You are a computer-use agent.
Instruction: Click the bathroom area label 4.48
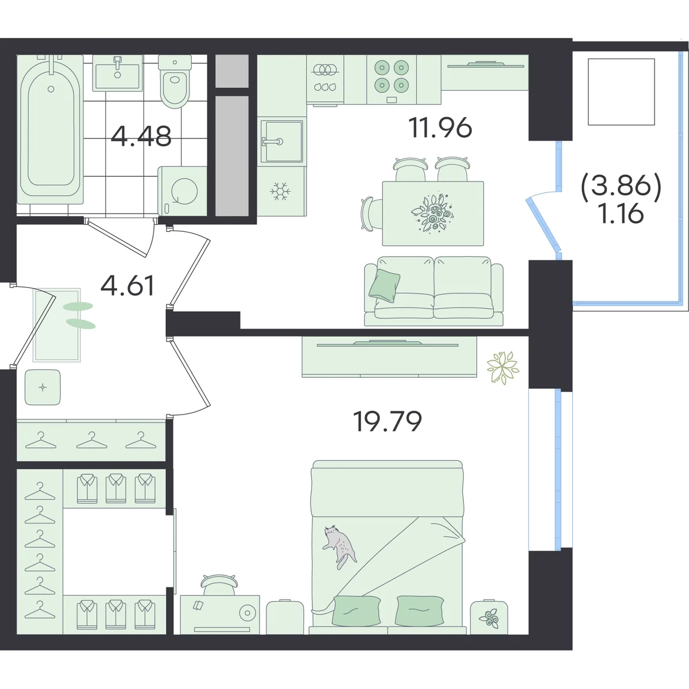click(x=141, y=136)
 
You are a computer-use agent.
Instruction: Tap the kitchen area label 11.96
click(x=440, y=127)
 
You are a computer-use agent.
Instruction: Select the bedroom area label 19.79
click(x=387, y=421)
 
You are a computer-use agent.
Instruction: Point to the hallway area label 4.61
click(x=127, y=286)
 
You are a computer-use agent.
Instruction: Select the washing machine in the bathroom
click(x=183, y=191)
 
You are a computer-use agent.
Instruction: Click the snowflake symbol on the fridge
click(x=280, y=191)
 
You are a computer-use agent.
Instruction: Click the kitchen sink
click(x=282, y=141)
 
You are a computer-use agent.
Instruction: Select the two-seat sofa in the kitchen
click(x=433, y=291)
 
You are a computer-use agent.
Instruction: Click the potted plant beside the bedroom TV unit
click(x=503, y=368)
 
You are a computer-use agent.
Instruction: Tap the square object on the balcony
click(x=621, y=92)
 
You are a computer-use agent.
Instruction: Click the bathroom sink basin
click(x=117, y=73)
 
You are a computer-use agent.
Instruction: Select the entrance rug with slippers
click(x=57, y=325)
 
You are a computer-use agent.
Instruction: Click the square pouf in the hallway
click(x=42, y=387)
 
